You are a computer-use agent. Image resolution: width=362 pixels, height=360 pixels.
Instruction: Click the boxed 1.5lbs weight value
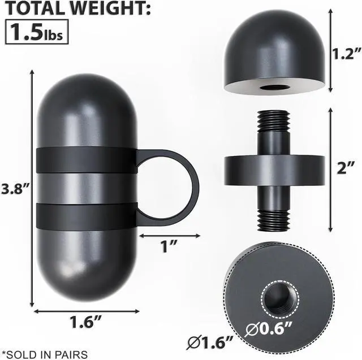click(37, 32)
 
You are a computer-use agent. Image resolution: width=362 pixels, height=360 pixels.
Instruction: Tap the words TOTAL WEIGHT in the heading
click(78, 8)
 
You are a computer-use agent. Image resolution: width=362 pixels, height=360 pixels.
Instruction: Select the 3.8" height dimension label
click(15, 189)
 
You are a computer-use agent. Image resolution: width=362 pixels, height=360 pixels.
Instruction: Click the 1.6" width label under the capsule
click(85, 322)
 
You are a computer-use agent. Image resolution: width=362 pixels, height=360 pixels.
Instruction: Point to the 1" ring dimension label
click(170, 246)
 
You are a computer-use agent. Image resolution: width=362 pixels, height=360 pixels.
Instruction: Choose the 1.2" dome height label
click(346, 54)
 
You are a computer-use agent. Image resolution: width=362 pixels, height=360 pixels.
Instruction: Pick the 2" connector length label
click(346, 168)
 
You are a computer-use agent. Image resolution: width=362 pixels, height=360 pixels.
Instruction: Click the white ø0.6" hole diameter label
click(269, 329)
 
